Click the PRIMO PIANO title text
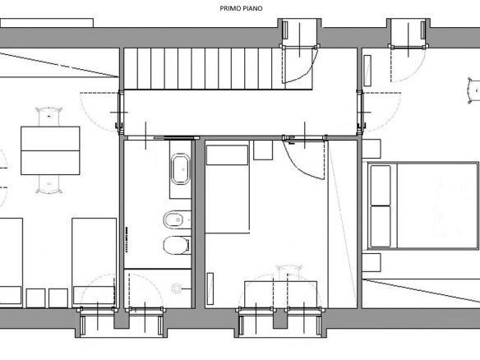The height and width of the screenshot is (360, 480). [241, 8]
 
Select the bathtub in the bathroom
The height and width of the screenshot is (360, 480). [180, 169]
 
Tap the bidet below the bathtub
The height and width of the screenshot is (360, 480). [176, 219]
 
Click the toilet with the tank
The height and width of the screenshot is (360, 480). [177, 245]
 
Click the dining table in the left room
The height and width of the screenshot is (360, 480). [50, 150]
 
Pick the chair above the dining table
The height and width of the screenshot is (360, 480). [49, 117]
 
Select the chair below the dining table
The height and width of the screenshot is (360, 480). [49, 185]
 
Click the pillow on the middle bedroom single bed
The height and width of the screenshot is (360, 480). [227, 155]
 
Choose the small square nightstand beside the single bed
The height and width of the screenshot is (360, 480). [263, 150]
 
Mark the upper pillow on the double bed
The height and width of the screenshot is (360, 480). [381, 186]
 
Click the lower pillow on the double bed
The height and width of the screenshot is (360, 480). [381, 226]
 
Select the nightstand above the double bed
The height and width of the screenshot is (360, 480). [372, 149]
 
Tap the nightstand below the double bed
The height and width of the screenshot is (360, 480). [372, 262]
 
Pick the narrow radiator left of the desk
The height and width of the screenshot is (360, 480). [210, 288]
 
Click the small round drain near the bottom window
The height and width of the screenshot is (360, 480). [177, 288]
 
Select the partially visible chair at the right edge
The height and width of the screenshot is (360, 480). [474, 90]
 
